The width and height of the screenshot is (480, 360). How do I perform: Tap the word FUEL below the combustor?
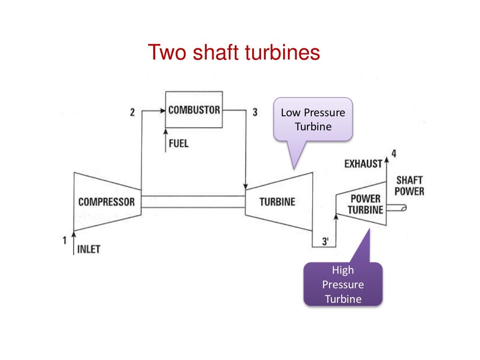(178, 143)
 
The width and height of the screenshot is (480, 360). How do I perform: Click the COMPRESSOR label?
(106, 202)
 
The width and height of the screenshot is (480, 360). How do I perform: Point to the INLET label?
(89, 248)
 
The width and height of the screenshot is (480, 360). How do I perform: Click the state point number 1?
(64, 241)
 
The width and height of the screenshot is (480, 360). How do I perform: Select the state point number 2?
(133, 112)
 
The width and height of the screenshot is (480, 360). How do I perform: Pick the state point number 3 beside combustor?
(255, 112)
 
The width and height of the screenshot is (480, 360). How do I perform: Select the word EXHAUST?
(363, 164)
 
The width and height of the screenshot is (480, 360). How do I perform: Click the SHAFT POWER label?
(410, 186)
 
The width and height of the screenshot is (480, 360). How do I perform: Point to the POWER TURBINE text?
(365, 204)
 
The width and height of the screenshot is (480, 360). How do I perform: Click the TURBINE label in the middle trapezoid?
(277, 202)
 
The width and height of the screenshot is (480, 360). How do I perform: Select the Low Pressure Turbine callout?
(313, 120)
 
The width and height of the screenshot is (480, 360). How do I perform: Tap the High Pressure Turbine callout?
(343, 284)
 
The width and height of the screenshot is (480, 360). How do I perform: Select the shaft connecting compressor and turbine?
(193, 202)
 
